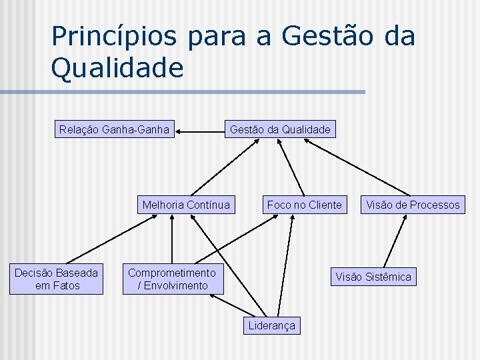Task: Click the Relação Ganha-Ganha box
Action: [x=114, y=129]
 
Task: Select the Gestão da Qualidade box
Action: [x=279, y=129]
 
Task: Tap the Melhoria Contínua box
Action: [x=186, y=205]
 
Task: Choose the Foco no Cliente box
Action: [x=304, y=205]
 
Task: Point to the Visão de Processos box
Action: [x=412, y=205]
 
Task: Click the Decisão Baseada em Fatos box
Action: [x=57, y=279]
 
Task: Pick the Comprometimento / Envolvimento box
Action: [x=172, y=279]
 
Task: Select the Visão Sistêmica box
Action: [x=373, y=277]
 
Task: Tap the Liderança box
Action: [x=271, y=325]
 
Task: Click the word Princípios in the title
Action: [x=114, y=36]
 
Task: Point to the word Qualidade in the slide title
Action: [x=117, y=67]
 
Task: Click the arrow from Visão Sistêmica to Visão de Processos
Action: [x=395, y=241]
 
